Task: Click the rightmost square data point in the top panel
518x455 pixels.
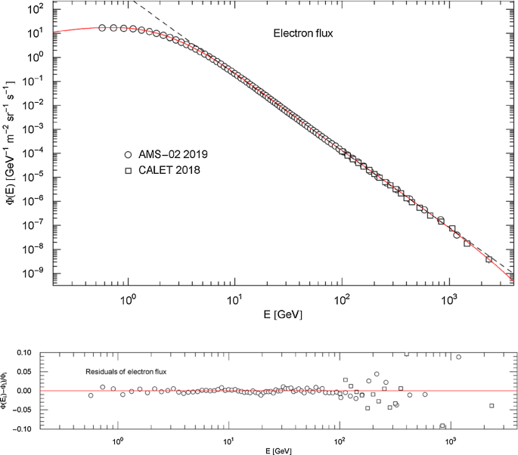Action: (489, 259)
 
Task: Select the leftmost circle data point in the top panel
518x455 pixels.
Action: (102, 28)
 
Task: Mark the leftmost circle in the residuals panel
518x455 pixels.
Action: (91, 395)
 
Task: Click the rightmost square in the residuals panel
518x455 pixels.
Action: (492, 406)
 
